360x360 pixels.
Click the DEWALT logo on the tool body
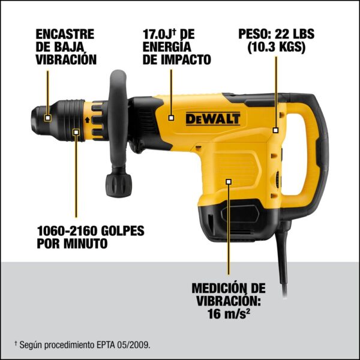point(213,119)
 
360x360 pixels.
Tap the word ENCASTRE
point(65,34)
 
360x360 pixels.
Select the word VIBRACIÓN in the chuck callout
point(66,59)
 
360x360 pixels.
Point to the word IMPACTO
point(186,59)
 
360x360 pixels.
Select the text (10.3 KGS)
point(277,47)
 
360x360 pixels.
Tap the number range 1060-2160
point(67,231)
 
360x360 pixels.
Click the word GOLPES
point(123,231)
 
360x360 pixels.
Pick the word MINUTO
point(85,244)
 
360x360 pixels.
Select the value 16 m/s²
point(229,313)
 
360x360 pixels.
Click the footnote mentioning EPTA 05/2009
point(83,345)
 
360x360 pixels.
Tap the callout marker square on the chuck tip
point(47,118)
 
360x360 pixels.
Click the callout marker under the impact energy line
point(171,118)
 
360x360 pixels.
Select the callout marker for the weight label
point(275,130)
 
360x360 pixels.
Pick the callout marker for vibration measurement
point(229,182)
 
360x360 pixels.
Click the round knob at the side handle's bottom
point(118,185)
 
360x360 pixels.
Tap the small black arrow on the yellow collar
point(87,119)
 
